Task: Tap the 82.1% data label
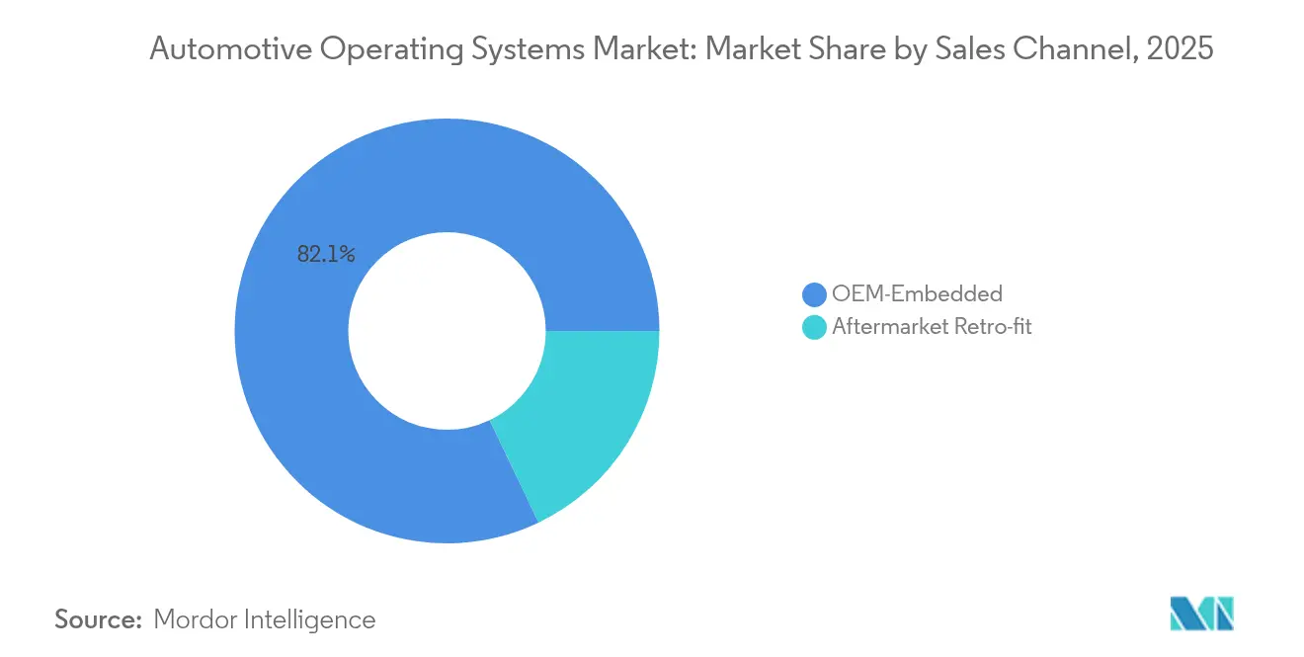tap(326, 254)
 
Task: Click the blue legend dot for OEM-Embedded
tap(814, 294)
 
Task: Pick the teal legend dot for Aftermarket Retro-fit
tap(814, 328)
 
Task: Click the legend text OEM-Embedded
tap(917, 293)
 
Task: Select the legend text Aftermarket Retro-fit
tap(932, 327)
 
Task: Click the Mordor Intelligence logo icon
tap(1202, 615)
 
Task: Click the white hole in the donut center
tap(447, 330)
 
